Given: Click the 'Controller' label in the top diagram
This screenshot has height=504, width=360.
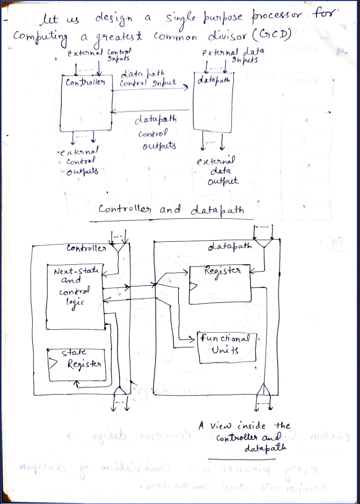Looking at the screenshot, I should [85, 83].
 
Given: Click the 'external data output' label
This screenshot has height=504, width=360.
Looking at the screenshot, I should [217, 171].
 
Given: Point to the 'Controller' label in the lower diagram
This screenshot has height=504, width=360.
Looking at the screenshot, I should [86, 248].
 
